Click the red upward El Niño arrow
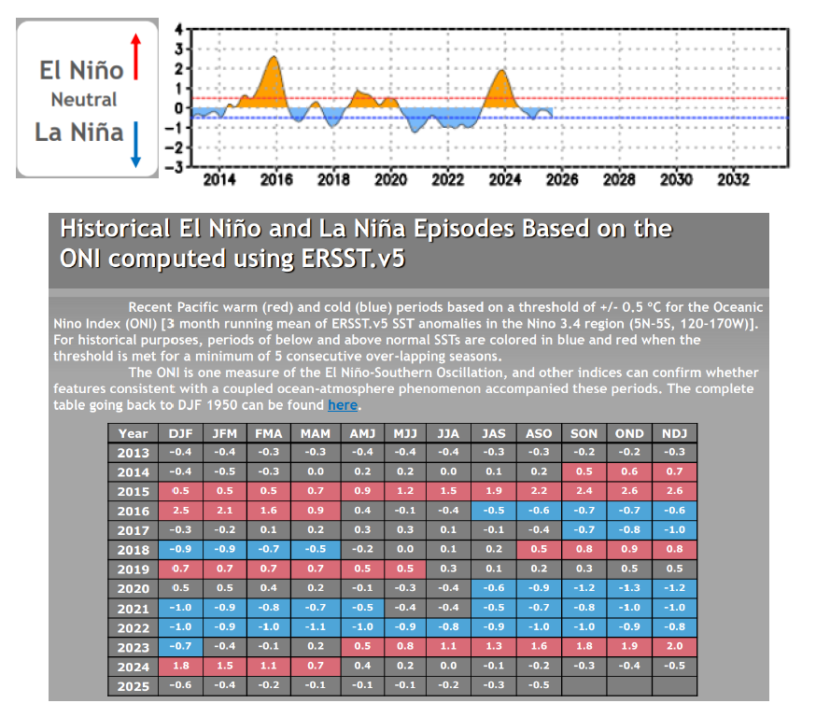pyautogui.click(x=135, y=57)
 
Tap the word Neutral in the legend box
pyautogui.click(x=84, y=100)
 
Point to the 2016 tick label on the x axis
pyautogui.click(x=276, y=179)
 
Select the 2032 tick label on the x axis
pyautogui.click(x=734, y=179)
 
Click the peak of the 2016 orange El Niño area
pyautogui.click(x=273, y=59)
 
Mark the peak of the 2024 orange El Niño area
pyautogui.click(x=502, y=72)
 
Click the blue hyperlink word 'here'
pyautogui.click(x=342, y=405)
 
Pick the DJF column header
pyautogui.click(x=180, y=433)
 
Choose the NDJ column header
pyautogui.click(x=675, y=433)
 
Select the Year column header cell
pyautogui.click(x=133, y=433)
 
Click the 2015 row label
pyautogui.click(x=133, y=491)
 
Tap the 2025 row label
pyautogui.click(x=133, y=686)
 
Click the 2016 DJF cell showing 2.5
pyautogui.click(x=180, y=511)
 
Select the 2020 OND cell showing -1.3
pyautogui.click(x=629, y=589)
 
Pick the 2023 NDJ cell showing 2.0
pyautogui.click(x=675, y=648)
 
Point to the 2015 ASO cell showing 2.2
pyautogui.click(x=539, y=491)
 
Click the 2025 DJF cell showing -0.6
pyautogui.click(x=180, y=686)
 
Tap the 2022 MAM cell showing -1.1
pyautogui.click(x=315, y=628)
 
